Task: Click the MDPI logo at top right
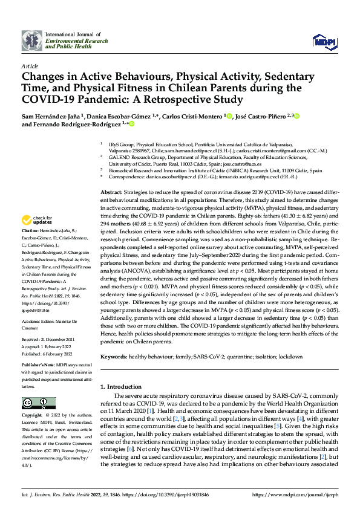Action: click(x=323, y=41)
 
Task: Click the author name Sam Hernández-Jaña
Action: click(x=51, y=115)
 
